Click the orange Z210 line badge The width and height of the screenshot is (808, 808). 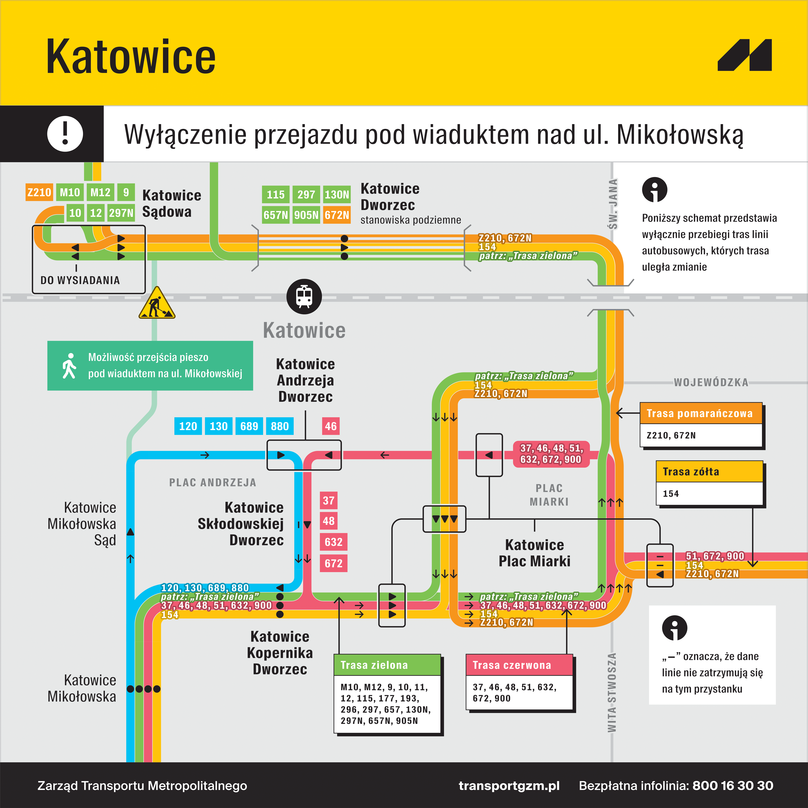pyautogui.click(x=39, y=192)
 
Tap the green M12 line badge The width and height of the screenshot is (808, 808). pyautogui.click(x=100, y=192)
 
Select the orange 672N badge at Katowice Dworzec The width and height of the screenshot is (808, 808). pyautogui.click(x=337, y=215)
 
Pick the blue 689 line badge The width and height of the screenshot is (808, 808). pyautogui.click(x=249, y=426)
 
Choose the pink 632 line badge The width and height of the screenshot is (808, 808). pyautogui.click(x=333, y=542)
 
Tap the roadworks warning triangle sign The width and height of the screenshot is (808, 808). pyautogui.click(x=157, y=304)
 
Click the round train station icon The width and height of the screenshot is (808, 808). pyautogui.click(x=304, y=296)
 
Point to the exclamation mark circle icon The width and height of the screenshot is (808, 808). pyautogui.click(x=65, y=134)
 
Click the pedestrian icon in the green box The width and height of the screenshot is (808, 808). pyautogui.click(x=69, y=366)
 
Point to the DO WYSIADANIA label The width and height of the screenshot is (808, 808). pyautogui.click(x=80, y=280)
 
